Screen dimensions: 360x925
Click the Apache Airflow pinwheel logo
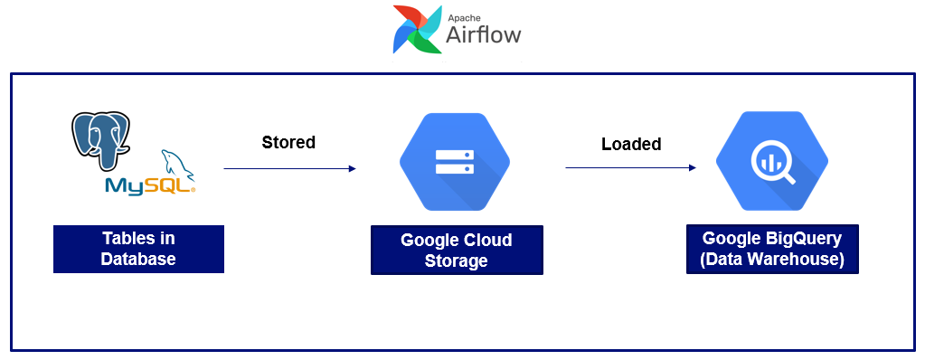click(416, 29)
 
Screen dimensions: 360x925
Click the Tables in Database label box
click(138, 249)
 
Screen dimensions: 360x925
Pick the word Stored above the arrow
click(288, 142)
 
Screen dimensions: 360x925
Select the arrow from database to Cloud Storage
click(289, 168)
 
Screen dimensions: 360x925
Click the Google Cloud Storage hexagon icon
click(455, 162)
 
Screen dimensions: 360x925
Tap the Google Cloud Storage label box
click(457, 251)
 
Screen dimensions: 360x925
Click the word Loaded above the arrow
click(631, 144)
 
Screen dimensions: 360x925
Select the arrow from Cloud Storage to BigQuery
click(630, 167)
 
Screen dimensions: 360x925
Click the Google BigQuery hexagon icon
click(771, 160)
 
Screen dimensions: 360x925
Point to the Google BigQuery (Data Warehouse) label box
click(772, 249)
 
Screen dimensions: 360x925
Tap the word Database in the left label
click(138, 260)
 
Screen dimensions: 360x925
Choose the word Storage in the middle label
click(457, 261)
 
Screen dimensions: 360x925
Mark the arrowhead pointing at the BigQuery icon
click(692, 167)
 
